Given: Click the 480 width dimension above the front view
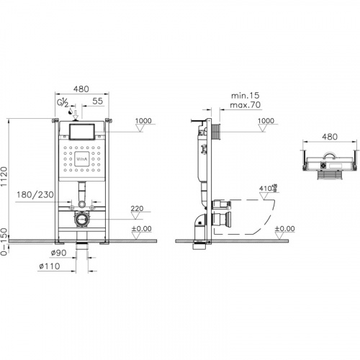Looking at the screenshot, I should (81, 89).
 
